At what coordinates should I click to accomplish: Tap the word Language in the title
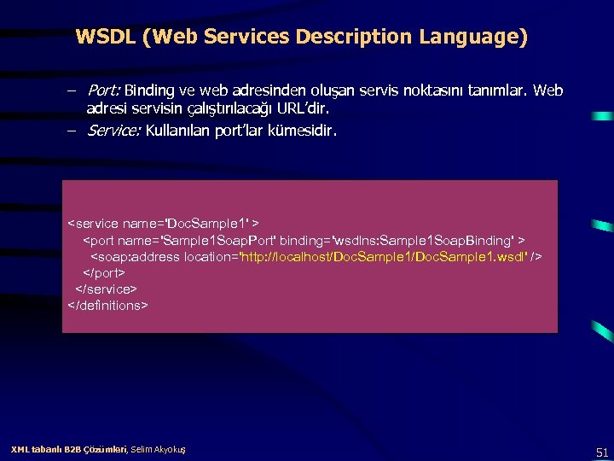click(471, 38)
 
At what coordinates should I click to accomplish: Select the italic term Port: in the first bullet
click(106, 90)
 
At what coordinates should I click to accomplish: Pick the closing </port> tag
click(103, 272)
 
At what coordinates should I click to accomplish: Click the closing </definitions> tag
click(108, 305)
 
